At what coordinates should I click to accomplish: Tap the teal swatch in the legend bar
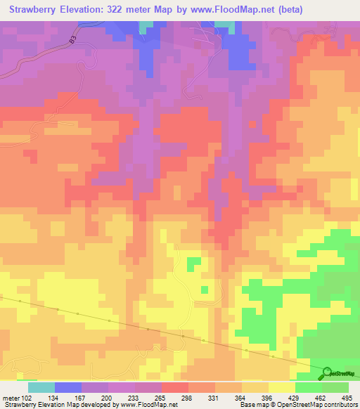point(41,387)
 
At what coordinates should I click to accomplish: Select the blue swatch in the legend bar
point(68,387)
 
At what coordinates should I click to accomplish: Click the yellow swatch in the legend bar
point(281,387)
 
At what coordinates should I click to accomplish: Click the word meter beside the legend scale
point(11,398)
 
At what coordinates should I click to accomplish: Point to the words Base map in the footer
point(253,405)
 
